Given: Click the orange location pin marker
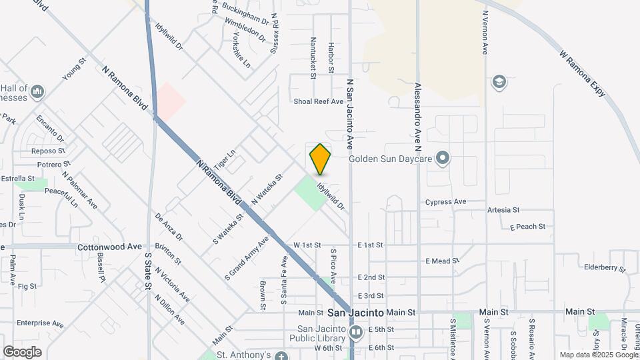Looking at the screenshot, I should [x=321, y=159].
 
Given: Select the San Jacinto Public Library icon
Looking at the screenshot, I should [x=356, y=331].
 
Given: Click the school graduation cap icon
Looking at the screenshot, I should [x=498, y=82].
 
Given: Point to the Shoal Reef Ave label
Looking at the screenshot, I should [x=318, y=101].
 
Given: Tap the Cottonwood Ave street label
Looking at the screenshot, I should [x=110, y=247].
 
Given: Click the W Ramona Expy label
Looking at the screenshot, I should [x=582, y=72].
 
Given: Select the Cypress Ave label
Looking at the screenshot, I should [x=445, y=201].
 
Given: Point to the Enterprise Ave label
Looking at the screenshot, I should [x=40, y=323].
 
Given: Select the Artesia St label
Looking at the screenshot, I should [x=503, y=210].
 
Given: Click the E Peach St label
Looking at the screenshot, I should [x=527, y=227].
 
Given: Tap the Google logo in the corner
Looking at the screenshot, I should [x=22, y=351].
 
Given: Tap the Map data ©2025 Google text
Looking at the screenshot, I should [x=599, y=355].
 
